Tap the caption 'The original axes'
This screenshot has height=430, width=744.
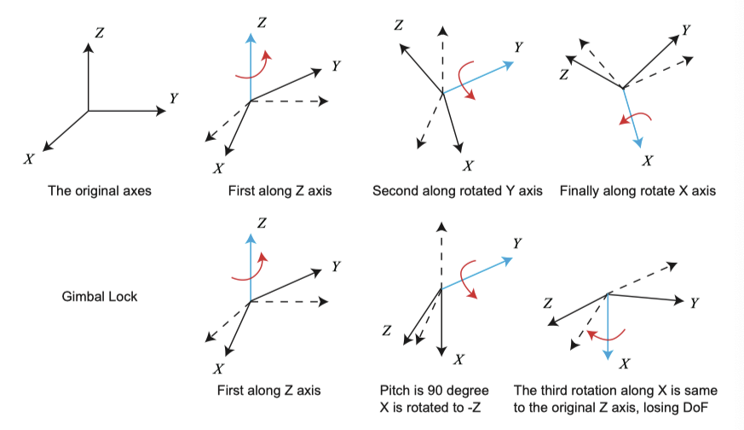tap(99, 190)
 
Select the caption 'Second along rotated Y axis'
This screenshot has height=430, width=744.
tap(457, 190)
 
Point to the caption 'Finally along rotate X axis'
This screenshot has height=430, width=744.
tap(637, 190)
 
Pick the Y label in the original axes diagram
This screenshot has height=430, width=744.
tap(174, 99)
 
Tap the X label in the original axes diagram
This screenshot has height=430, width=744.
tap(29, 160)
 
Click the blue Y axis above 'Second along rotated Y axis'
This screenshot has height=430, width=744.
tap(477, 77)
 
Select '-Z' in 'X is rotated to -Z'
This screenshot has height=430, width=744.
tap(472, 407)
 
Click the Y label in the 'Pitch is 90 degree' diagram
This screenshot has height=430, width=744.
tap(518, 243)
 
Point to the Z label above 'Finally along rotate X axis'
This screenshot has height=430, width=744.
tap(563, 75)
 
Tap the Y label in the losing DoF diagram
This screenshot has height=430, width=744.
tap(695, 303)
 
